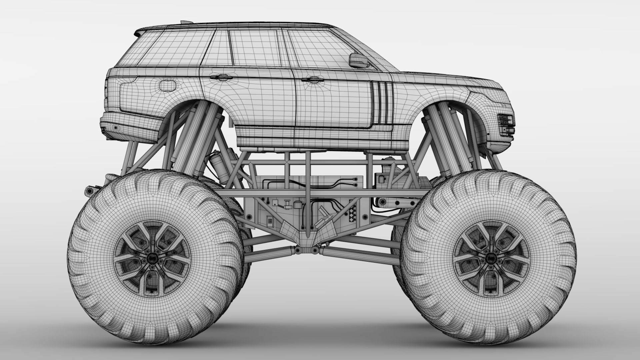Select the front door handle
coord(310,79)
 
